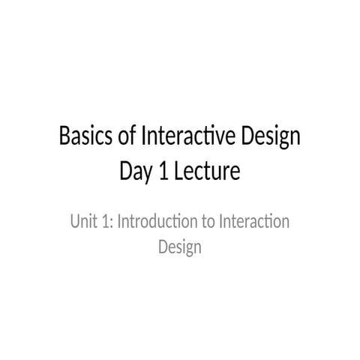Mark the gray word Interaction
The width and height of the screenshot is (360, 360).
click(x=254, y=222)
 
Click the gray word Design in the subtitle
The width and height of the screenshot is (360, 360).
click(x=180, y=247)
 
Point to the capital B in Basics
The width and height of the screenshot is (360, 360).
click(x=64, y=138)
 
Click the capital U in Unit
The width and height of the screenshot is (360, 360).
click(x=74, y=222)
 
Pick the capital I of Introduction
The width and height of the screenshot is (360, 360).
click(x=119, y=222)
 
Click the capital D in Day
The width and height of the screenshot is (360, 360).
click(x=126, y=172)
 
